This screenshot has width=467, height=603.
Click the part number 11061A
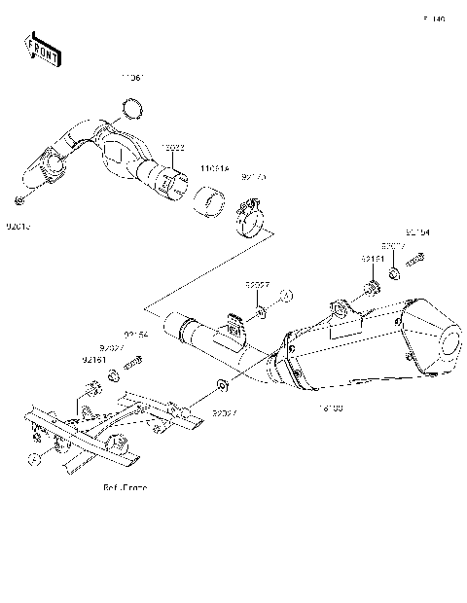point(214,168)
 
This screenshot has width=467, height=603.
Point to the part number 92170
point(253,178)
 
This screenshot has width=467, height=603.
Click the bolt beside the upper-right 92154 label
point(416,260)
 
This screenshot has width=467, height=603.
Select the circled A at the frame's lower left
point(33,457)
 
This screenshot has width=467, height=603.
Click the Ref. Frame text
point(124,487)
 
